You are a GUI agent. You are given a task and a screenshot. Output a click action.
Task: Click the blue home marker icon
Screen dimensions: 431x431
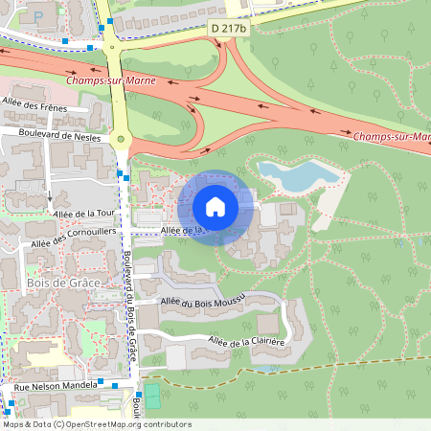coord(215,206)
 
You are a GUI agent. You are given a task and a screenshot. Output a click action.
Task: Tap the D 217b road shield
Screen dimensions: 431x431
coord(229,30)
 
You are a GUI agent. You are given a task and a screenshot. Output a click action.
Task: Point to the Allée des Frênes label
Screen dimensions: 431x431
coord(34,106)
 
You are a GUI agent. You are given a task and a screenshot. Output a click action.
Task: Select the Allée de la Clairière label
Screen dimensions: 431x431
coord(247,342)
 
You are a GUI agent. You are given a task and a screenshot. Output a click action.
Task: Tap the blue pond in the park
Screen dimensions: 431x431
coord(296,175)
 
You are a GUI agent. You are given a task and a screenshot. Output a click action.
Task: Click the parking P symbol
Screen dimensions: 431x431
coord(37,17)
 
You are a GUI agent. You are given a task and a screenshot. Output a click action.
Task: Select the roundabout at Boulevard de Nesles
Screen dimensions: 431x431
coord(122,140)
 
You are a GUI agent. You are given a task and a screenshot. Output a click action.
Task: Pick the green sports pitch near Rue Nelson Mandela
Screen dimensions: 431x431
coord(150,397)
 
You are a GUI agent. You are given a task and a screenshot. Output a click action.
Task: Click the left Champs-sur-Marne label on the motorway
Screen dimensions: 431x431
coord(108,81)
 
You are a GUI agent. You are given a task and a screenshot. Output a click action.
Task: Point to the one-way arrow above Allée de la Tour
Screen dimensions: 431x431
coord(50,198)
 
